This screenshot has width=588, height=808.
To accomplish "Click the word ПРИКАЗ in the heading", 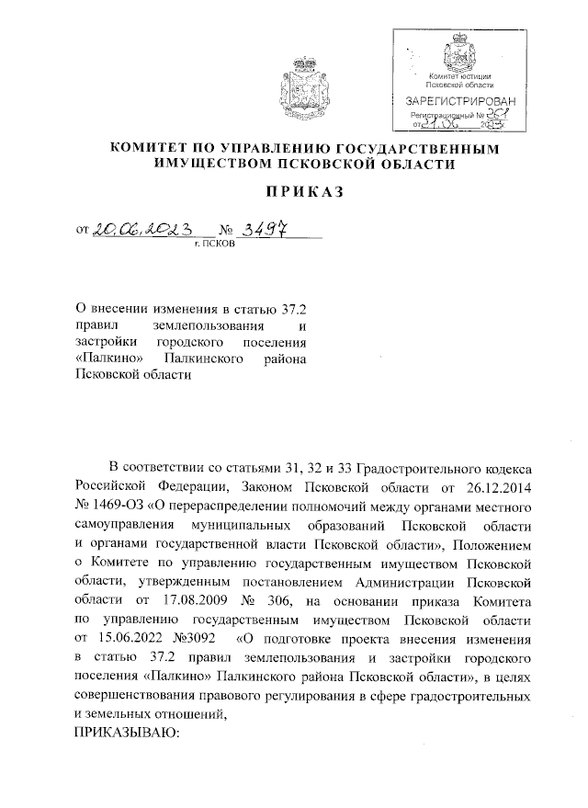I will click(x=294, y=193).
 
